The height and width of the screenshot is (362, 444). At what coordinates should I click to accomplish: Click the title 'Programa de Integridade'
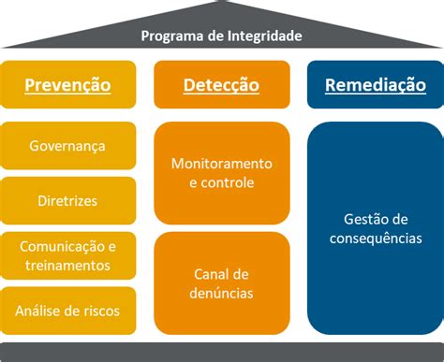pyautogui.click(x=221, y=36)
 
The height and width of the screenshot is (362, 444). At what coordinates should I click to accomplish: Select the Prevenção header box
pyautogui.click(x=67, y=85)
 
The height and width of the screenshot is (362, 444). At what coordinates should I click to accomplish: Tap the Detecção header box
pyautogui.click(x=221, y=85)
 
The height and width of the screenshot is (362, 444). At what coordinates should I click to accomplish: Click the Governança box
pyautogui.click(x=67, y=145)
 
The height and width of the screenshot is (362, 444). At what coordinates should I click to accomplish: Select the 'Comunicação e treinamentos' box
pyautogui.click(x=67, y=255)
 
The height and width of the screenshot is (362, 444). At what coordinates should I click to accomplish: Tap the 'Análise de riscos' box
pyautogui.click(x=67, y=310)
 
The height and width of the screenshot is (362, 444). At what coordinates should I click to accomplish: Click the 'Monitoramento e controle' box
pyautogui.click(x=221, y=172)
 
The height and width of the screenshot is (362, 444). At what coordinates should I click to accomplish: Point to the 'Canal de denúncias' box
pyautogui.click(x=221, y=282)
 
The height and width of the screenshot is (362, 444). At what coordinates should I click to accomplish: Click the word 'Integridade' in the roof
pyautogui.click(x=263, y=36)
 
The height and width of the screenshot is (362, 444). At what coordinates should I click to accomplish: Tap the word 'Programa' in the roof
pyautogui.click(x=170, y=36)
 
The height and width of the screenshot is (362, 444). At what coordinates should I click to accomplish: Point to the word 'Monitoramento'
pyautogui.click(x=221, y=163)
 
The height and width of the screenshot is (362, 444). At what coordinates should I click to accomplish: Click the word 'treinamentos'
pyautogui.click(x=67, y=266)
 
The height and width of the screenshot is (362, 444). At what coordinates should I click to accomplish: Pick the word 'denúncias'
pyautogui.click(x=221, y=293)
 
